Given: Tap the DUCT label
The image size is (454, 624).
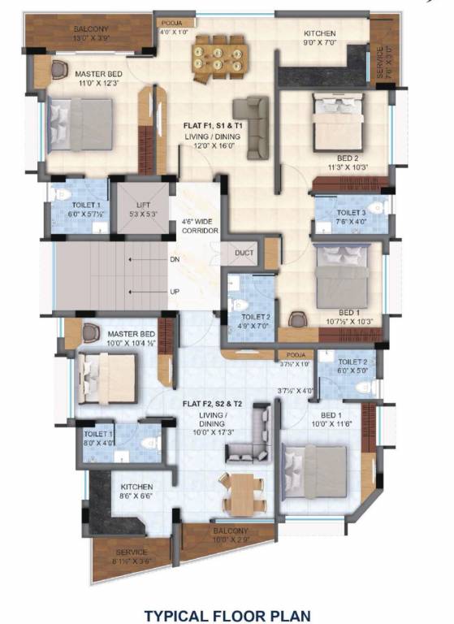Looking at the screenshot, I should tap(244, 253).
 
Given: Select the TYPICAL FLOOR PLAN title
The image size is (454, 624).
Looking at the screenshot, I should tap(227, 616).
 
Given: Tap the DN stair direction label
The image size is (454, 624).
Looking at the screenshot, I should tap(175, 260).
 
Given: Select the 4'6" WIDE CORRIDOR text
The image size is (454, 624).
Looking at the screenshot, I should tap(199, 226).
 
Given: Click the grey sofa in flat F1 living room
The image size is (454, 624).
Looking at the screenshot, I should tap(252, 128).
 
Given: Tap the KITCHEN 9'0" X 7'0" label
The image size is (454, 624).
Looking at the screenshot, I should tap(320, 37).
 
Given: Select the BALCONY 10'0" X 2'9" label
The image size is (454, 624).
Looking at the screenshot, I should tap(229, 535).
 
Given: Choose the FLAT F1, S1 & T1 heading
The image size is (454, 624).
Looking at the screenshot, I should tap(214, 126).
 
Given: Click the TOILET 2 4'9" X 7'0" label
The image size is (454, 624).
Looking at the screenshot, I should tap(256, 321).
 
